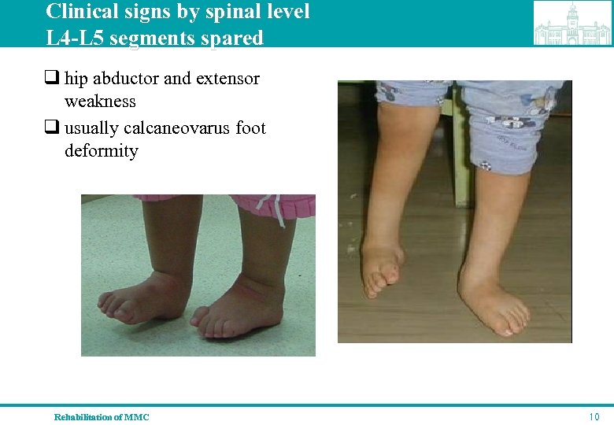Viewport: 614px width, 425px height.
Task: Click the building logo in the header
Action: coord(572,24)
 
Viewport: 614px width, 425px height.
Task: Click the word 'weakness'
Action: coord(100,102)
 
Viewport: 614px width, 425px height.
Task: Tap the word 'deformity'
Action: coord(101,151)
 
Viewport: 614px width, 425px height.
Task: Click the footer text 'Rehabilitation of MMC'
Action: coord(102,417)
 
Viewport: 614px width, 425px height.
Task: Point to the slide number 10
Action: coord(594,416)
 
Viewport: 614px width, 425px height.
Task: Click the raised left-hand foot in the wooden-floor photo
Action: coord(382,268)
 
